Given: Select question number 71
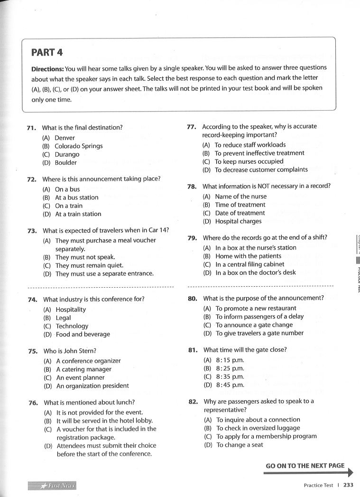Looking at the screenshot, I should (x=32, y=128).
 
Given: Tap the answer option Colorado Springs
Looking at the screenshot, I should (x=78, y=146).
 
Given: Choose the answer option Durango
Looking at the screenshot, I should (x=67, y=154).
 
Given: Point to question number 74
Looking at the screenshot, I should (x=33, y=300).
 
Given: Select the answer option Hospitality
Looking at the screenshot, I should (x=71, y=309).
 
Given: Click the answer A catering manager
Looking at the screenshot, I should (x=83, y=369).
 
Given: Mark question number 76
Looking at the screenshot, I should (x=33, y=403).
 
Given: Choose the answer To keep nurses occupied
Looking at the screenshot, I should (x=249, y=161).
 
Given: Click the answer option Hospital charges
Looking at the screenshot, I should (x=238, y=221).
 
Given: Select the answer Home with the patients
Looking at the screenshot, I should (x=248, y=256).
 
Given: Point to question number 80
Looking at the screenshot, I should (x=193, y=299).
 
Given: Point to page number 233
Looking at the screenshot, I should (x=349, y=485).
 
